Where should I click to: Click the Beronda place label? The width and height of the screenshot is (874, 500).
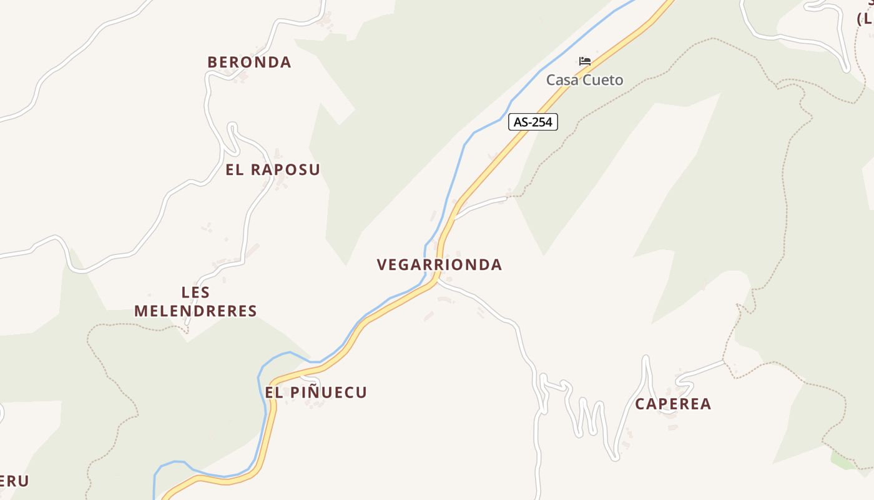[249, 62]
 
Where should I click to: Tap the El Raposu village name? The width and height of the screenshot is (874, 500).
[273, 169]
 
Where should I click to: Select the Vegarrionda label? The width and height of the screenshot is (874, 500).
[439, 264]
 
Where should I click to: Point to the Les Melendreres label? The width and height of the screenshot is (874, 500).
[195, 301]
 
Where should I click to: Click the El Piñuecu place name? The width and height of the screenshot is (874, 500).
[316, 392]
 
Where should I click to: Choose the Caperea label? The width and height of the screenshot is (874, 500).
[673, 404]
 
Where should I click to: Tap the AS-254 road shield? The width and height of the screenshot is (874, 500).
[533, 122]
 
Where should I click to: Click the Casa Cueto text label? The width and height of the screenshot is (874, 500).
[584, 80]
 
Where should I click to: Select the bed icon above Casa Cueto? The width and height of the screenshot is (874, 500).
[585, 61]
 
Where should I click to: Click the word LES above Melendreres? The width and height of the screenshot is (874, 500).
[195, 292]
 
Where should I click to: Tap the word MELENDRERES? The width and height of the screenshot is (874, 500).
[195, 311]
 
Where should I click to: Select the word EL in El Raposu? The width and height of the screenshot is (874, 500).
[234, 169]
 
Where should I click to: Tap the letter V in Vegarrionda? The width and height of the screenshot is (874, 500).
[382, 264]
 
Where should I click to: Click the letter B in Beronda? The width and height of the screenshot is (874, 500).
[213, 62]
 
